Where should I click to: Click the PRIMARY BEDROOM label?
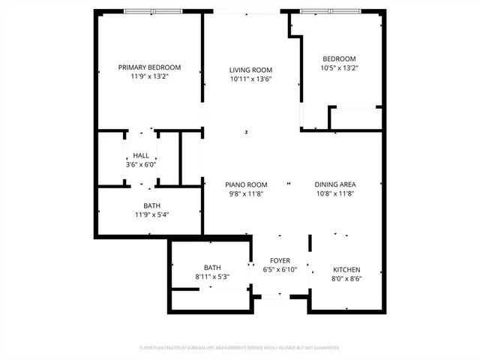point(149,67)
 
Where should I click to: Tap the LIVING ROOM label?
point(250,70)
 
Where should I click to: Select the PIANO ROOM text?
point(246,184)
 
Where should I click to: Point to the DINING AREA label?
point(334,184)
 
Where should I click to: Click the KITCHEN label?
point(346,269)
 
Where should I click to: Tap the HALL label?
point(140,155)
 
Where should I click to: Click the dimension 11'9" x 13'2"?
point(149,76)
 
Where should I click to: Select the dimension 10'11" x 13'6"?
point(250,79)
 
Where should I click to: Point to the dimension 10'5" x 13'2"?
point(339,67)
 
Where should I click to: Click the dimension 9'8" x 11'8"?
point(246,193)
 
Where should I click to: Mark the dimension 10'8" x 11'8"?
point(334,193)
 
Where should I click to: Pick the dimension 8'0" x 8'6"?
point(346,278)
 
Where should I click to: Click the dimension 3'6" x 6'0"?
point(140,164)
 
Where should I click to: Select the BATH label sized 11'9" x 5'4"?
point(151,205)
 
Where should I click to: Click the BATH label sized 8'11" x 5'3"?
point(212,267)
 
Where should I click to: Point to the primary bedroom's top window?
point(152,11)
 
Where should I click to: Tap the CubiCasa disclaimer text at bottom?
point(240,348)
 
